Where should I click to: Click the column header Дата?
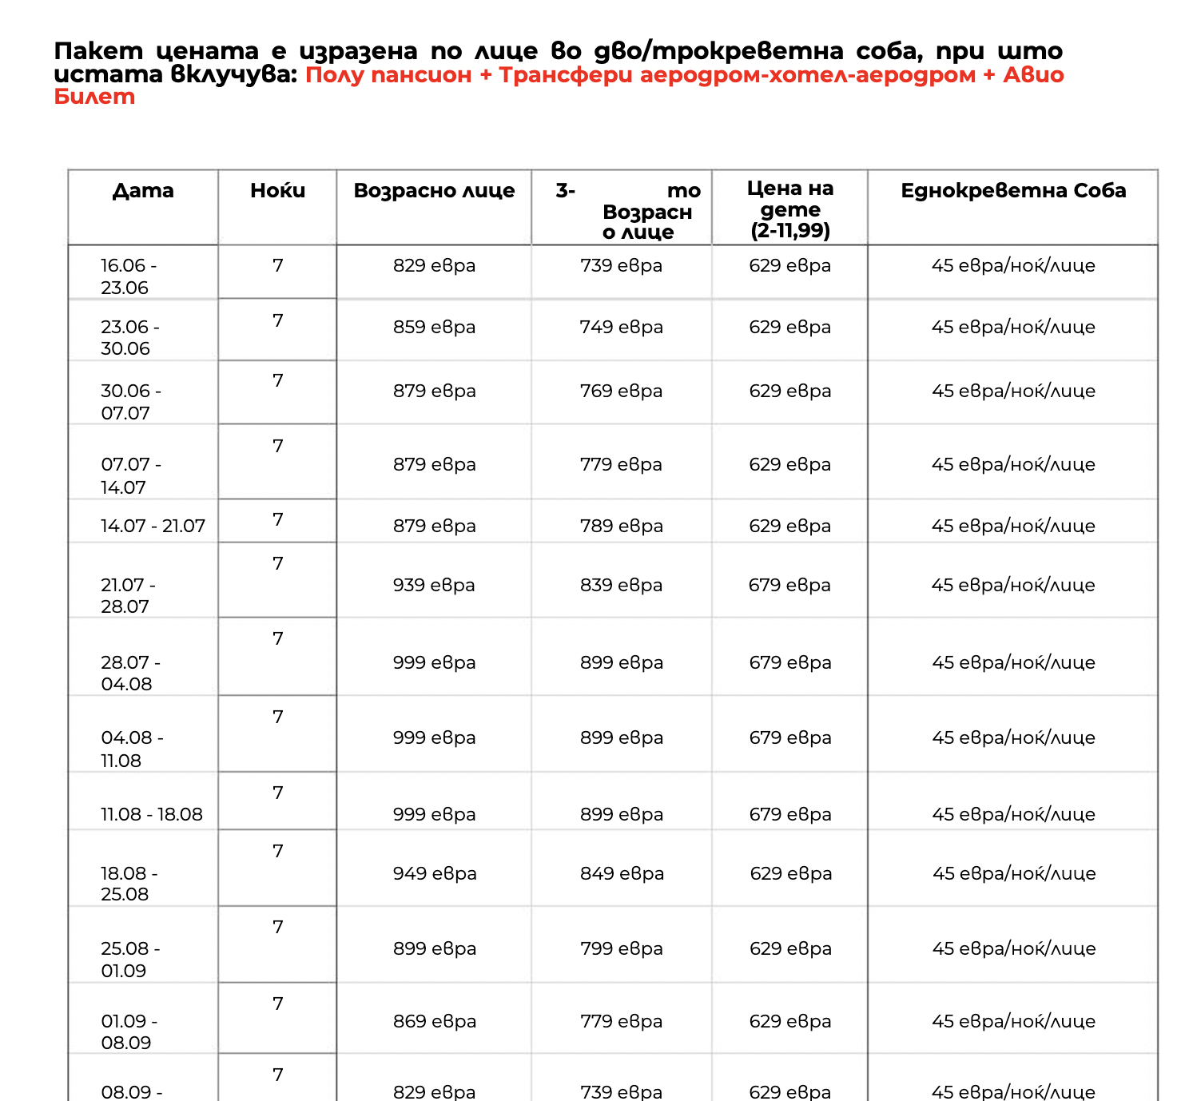143,191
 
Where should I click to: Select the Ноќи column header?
277,191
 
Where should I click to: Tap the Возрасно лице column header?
434,191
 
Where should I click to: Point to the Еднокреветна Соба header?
1013,191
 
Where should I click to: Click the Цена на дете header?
790,209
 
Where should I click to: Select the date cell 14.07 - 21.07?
153,526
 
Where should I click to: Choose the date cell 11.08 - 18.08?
151,814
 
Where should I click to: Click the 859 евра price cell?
434,327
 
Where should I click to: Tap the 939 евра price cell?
434,585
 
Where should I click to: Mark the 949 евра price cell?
435,873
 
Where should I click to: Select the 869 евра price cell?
435,1021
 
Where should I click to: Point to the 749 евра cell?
621,327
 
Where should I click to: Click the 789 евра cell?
621,526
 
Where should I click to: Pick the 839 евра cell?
621,585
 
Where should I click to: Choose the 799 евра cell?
621,948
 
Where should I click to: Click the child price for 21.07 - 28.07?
789,585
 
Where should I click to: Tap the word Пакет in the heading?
98,51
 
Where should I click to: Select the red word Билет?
94,97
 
